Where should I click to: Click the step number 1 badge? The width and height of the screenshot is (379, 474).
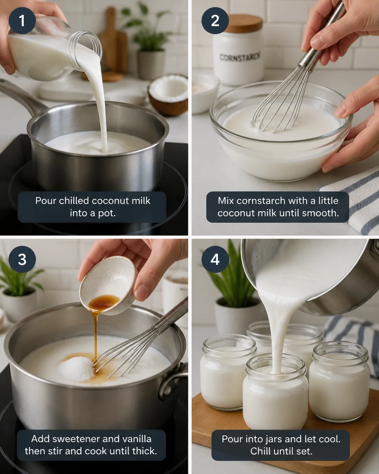point(22,20)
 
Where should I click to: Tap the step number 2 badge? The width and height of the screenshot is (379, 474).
point(215,20)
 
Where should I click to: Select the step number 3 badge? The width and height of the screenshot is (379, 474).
point(22,259)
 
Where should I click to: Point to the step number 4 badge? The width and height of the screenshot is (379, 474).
point(215,259)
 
